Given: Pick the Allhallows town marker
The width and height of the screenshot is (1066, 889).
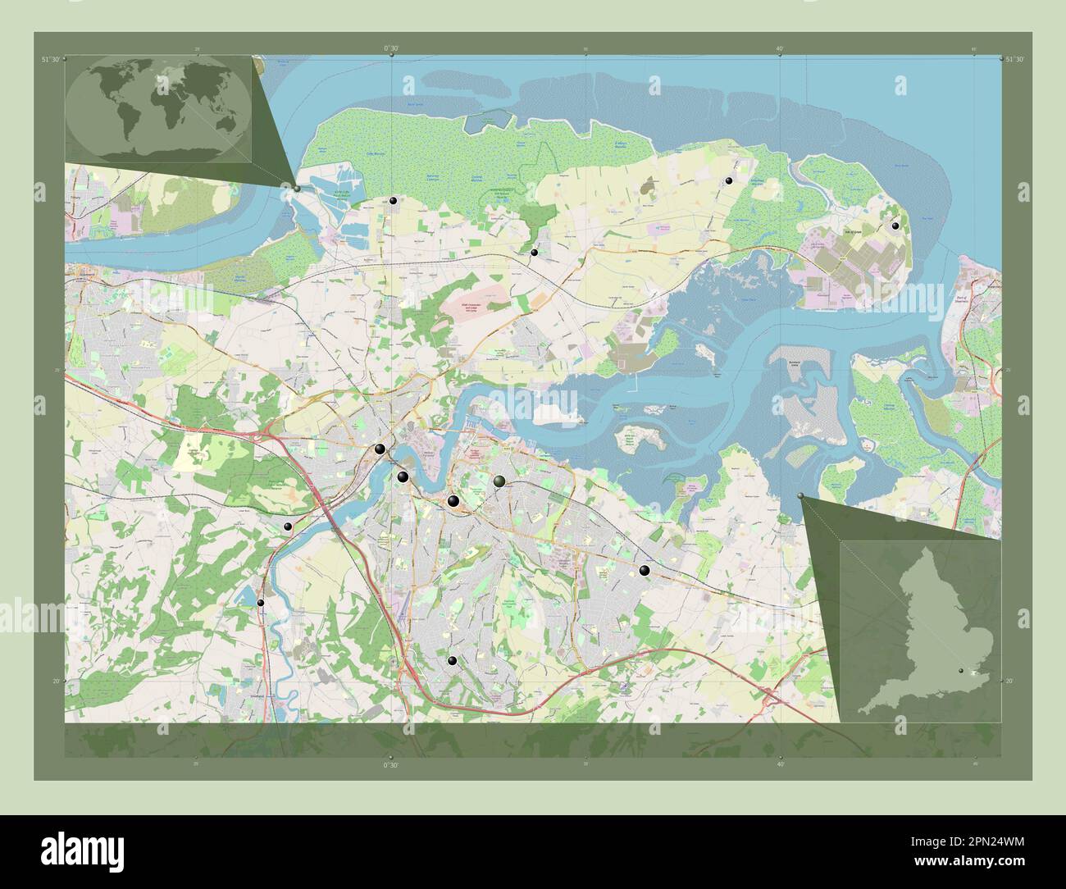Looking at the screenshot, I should tap(727, 181).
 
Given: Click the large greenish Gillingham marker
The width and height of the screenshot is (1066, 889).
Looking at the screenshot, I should tap(499, 481).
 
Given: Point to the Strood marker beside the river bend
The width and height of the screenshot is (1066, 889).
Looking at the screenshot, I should tap(380, 449).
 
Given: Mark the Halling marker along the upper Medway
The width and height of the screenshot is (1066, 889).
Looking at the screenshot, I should tap(261, 603).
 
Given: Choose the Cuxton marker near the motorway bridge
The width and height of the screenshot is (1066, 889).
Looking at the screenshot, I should tap(287, 527).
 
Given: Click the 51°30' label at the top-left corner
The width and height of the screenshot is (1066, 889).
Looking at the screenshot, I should tap(50, 59).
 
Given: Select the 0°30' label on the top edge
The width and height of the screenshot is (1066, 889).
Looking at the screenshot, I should tap(391, 49).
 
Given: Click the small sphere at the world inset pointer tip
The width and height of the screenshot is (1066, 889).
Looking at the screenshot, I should tap(297, 189).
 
